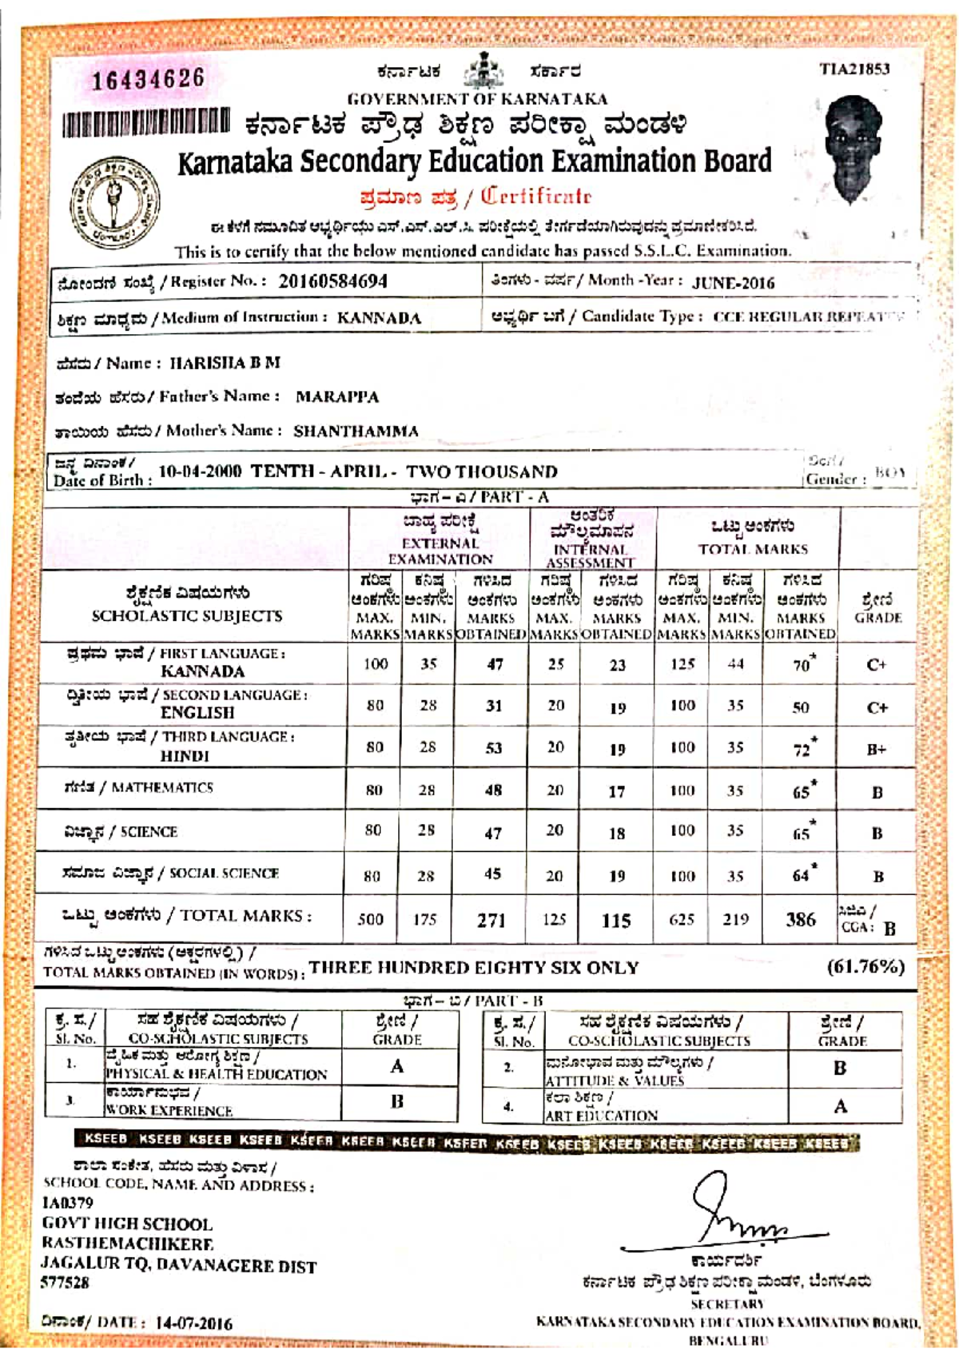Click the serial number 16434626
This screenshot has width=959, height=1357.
tap(148, 79)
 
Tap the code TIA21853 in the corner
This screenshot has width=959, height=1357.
tap(854, 69)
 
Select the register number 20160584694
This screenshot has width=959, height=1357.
tap(332, 281)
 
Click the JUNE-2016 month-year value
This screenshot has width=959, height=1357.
tap(733, 283)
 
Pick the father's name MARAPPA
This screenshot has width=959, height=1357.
tap(337, 397)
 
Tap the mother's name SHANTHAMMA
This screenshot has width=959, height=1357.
tap(356, 432)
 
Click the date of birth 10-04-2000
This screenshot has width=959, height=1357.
tap(200, 471)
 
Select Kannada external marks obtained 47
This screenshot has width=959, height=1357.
tap(495, 664)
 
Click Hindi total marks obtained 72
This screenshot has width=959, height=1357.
tap(802, 750)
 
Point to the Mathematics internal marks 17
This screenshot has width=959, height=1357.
tap(616, 792)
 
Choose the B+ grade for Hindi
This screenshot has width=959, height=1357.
tap(877, 750)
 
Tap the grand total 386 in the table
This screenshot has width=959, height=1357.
tap(800, 920)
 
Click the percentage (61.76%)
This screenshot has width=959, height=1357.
tap(865, 967)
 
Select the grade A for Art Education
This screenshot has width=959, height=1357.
tap(840, 1106)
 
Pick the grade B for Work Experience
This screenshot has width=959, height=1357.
tap(397, 1101)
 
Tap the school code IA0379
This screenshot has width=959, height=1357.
tap(68, 1203)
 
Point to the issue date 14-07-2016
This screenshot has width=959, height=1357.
tap(193, 1323)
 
